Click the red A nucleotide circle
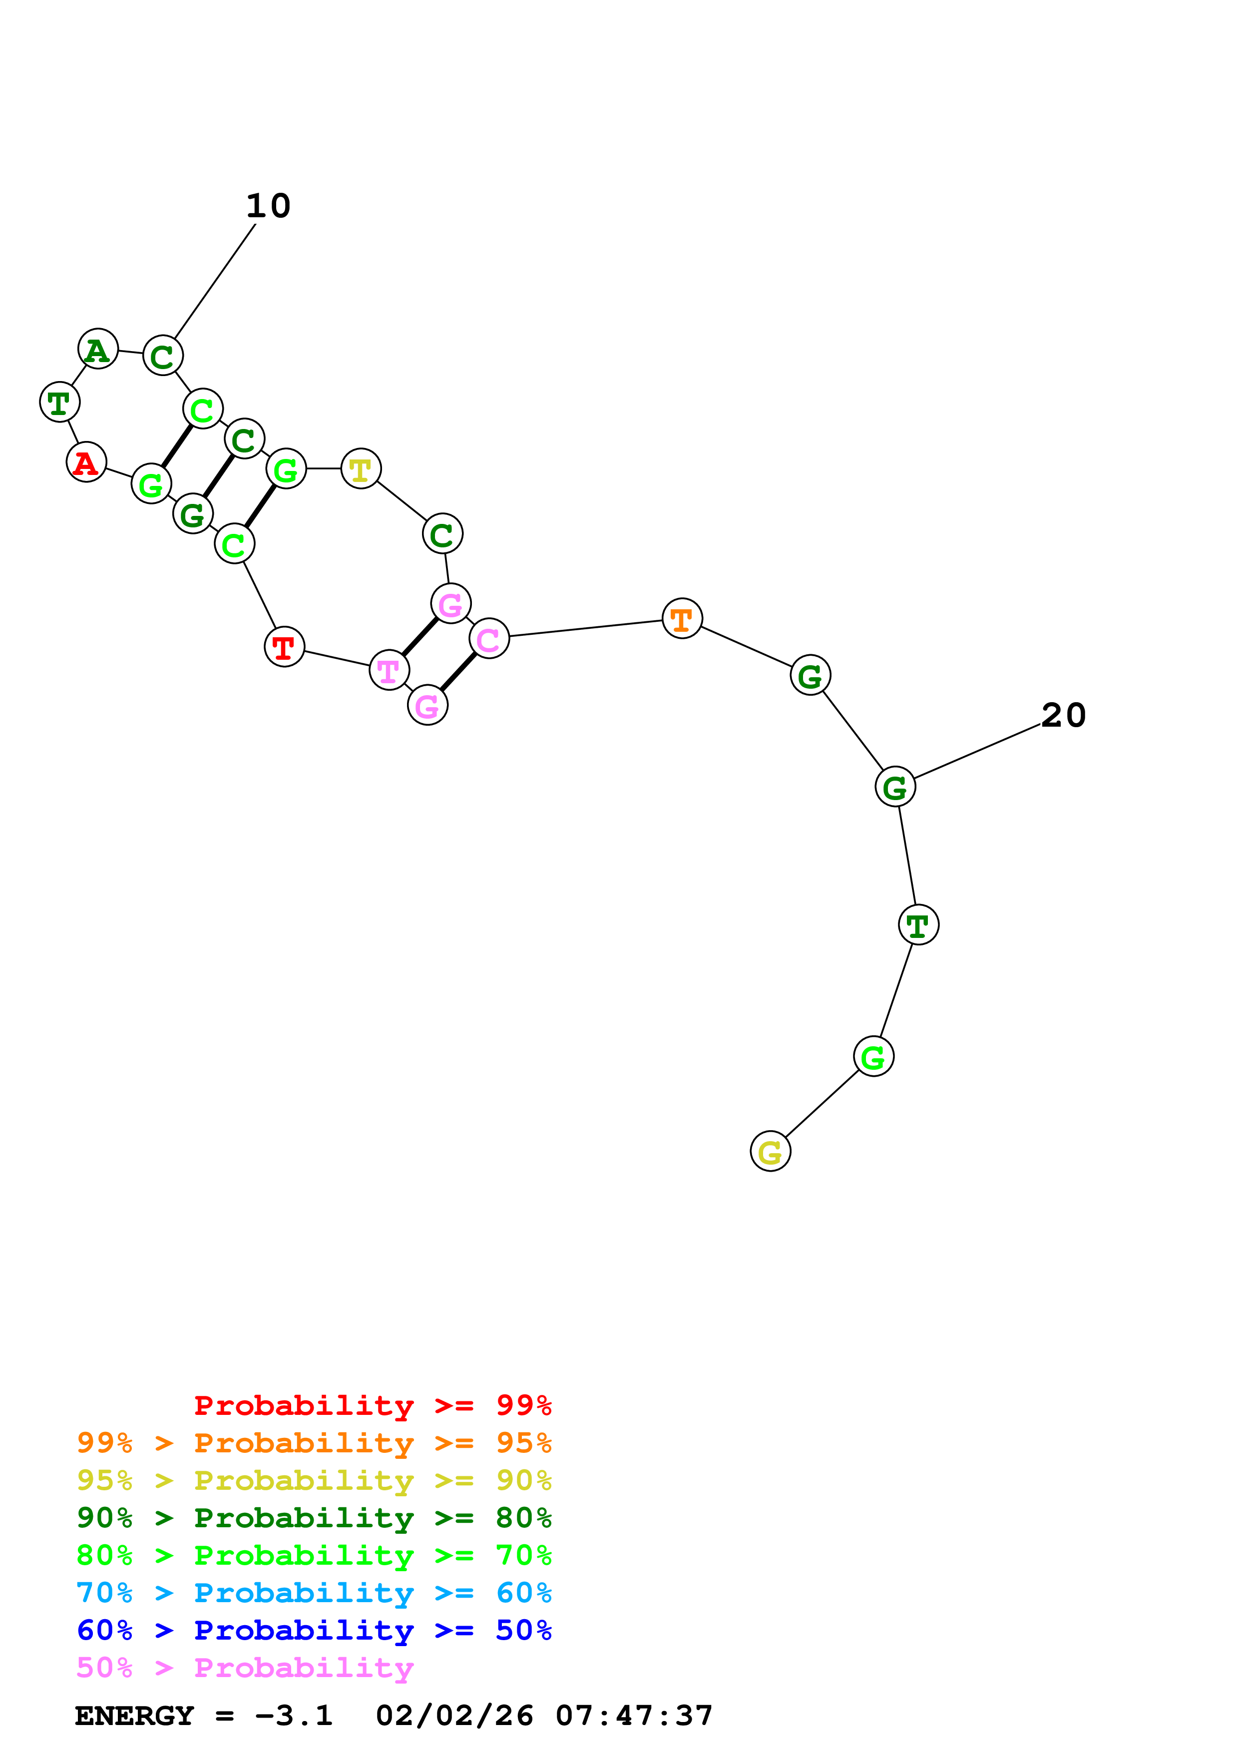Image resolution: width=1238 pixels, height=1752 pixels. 86,461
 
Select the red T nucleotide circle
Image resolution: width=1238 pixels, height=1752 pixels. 284,647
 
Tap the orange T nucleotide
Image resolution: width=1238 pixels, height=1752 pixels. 682,618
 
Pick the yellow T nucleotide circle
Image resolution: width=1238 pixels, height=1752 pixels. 361,468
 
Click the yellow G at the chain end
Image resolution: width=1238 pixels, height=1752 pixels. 771,1152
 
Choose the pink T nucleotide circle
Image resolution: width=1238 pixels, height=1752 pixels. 389,670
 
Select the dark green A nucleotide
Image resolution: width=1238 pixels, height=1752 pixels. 98,349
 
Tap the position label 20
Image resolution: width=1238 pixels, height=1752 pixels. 1063,715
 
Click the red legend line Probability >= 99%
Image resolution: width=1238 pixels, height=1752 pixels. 372,1405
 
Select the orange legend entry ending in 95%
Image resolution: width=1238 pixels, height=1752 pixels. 314,1443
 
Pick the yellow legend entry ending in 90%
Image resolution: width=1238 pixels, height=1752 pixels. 314,1480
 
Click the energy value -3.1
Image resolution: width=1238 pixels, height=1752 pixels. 294,1716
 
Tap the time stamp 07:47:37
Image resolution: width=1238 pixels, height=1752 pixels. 634,1716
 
